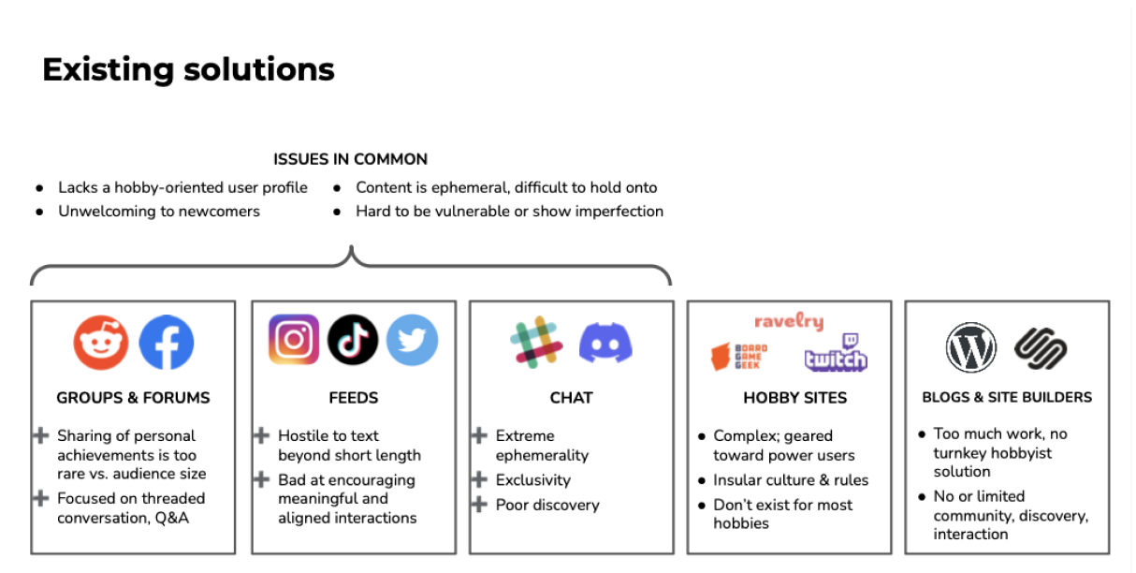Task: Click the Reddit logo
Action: (101, 343)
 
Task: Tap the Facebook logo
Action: (167, 343)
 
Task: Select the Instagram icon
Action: (294, 339)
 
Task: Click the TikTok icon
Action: (353, 339)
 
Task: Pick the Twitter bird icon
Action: (412, 339)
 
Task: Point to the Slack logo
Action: (536, 342)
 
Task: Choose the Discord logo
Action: (605, 343)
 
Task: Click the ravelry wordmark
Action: (789, 322)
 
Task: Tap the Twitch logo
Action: (836, 353)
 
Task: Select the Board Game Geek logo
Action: (739, 357)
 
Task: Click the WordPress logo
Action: (971, 348)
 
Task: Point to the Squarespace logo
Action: (1041, 348)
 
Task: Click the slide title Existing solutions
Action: (188, 69)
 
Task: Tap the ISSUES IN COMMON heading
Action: (350, 159)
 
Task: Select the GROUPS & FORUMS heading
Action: (133, 398)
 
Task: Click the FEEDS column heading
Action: (354, 398)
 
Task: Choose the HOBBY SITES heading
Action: (794, 398)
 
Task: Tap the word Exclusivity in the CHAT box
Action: (532, 480)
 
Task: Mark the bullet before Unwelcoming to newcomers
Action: (39, 212)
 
